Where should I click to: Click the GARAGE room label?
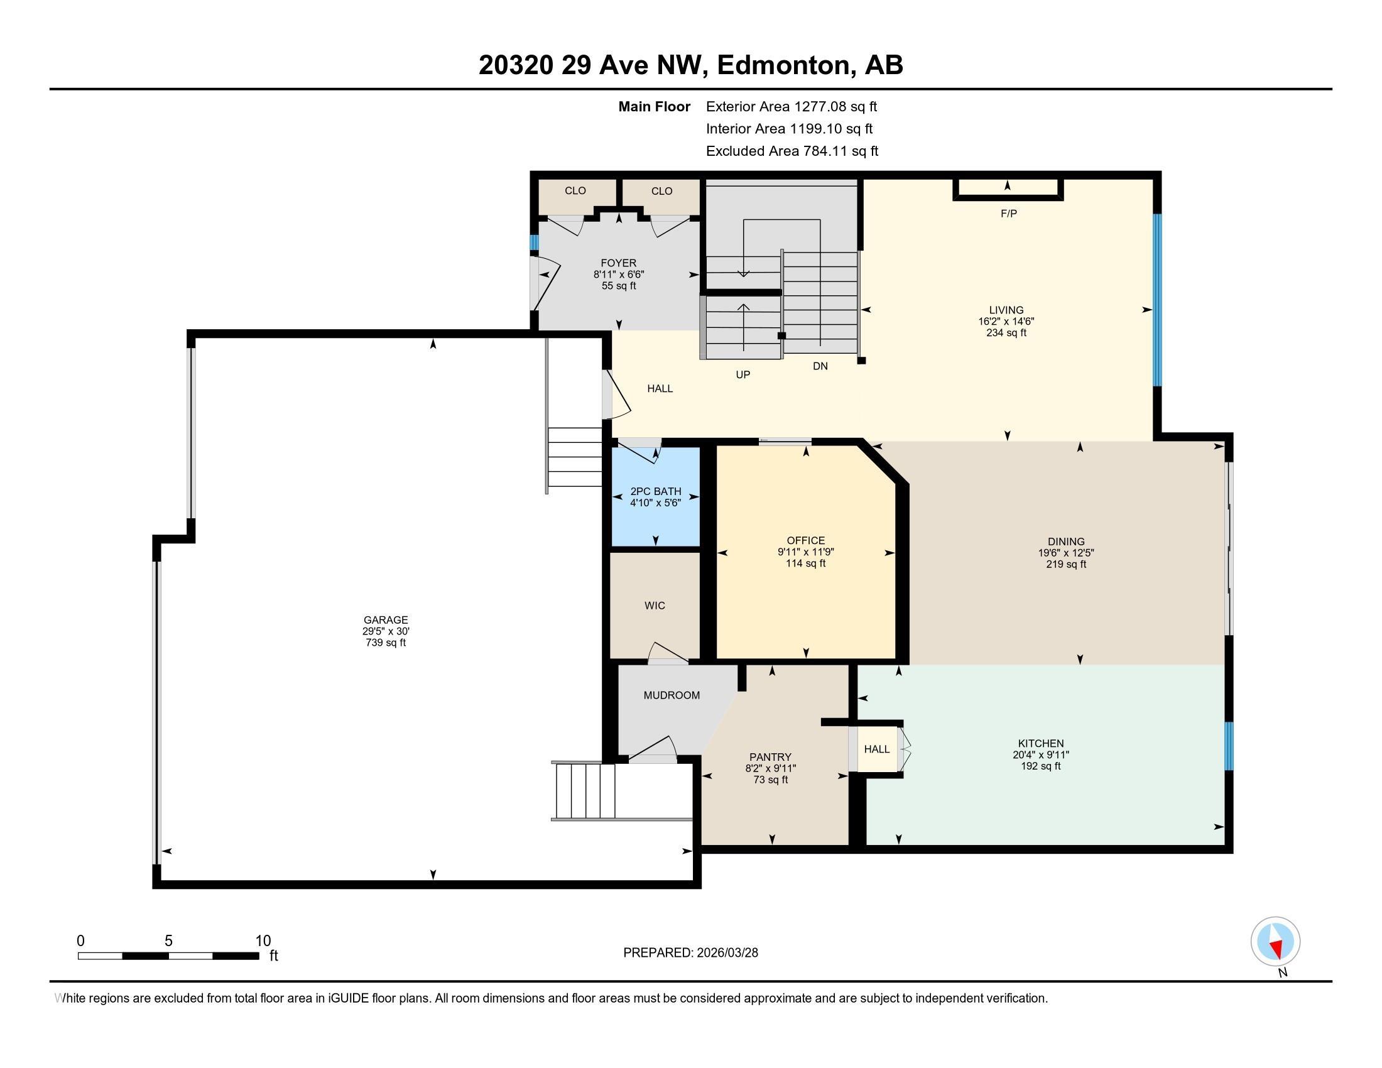[385, 620]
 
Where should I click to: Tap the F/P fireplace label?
[1009, 214]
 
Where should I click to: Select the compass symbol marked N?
[1275, 942]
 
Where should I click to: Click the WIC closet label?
[655, 606]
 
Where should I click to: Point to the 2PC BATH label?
[656, 491]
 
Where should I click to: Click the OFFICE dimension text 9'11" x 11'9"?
[805, 552]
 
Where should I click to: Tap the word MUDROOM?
[672, 695]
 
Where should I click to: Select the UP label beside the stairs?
[743, 374]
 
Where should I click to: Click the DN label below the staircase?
[820, 366]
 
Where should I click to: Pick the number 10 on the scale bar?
[263, 941]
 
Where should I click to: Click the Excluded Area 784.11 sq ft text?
[792, 151]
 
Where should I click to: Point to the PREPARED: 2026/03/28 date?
[690, 953]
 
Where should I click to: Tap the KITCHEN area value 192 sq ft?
[1040, 766]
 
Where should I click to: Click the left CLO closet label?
[575, 190]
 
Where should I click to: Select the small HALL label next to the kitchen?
[876, 749]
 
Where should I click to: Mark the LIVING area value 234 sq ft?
[1006, 333]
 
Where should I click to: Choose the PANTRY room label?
[770, 757]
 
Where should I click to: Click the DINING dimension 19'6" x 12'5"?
[1065, 552]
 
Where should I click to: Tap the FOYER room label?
[618, 263]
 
